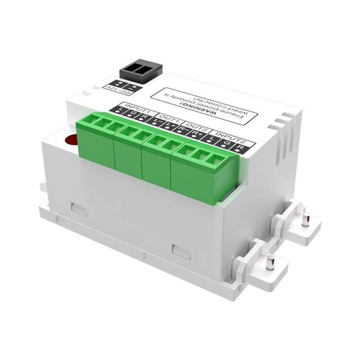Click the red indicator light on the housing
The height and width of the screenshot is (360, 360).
(x=71, y=140)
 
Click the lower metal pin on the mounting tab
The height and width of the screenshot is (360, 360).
(x=270, y=262)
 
